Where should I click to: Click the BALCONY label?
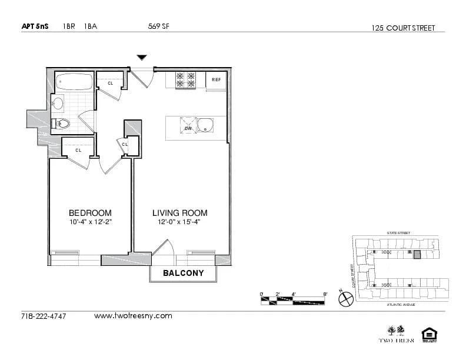tap(183, 273)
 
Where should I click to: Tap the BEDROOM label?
tap(90, 213)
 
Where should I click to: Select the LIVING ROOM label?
tap(179, 213)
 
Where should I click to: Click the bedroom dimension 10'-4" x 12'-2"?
tap(90, 222)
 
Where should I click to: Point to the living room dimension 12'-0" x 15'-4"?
tap(179, 222)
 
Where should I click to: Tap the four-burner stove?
tap(186, 80)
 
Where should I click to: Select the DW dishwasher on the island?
tap(188, 128)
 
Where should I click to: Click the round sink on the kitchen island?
tap(205, 125)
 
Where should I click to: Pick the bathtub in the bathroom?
tap(74, 82)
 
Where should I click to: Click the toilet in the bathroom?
tap(61, 124)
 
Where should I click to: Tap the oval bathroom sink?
tap(58, 104)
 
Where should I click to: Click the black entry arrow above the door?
tap(141, 57)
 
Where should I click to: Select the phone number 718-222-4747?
tap(44, 316)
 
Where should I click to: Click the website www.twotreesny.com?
tap(133, 316)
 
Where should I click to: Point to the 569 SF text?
tap(159, 26)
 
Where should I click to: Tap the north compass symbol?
tap(345, 299)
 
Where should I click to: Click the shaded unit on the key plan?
tap(417, 255)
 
